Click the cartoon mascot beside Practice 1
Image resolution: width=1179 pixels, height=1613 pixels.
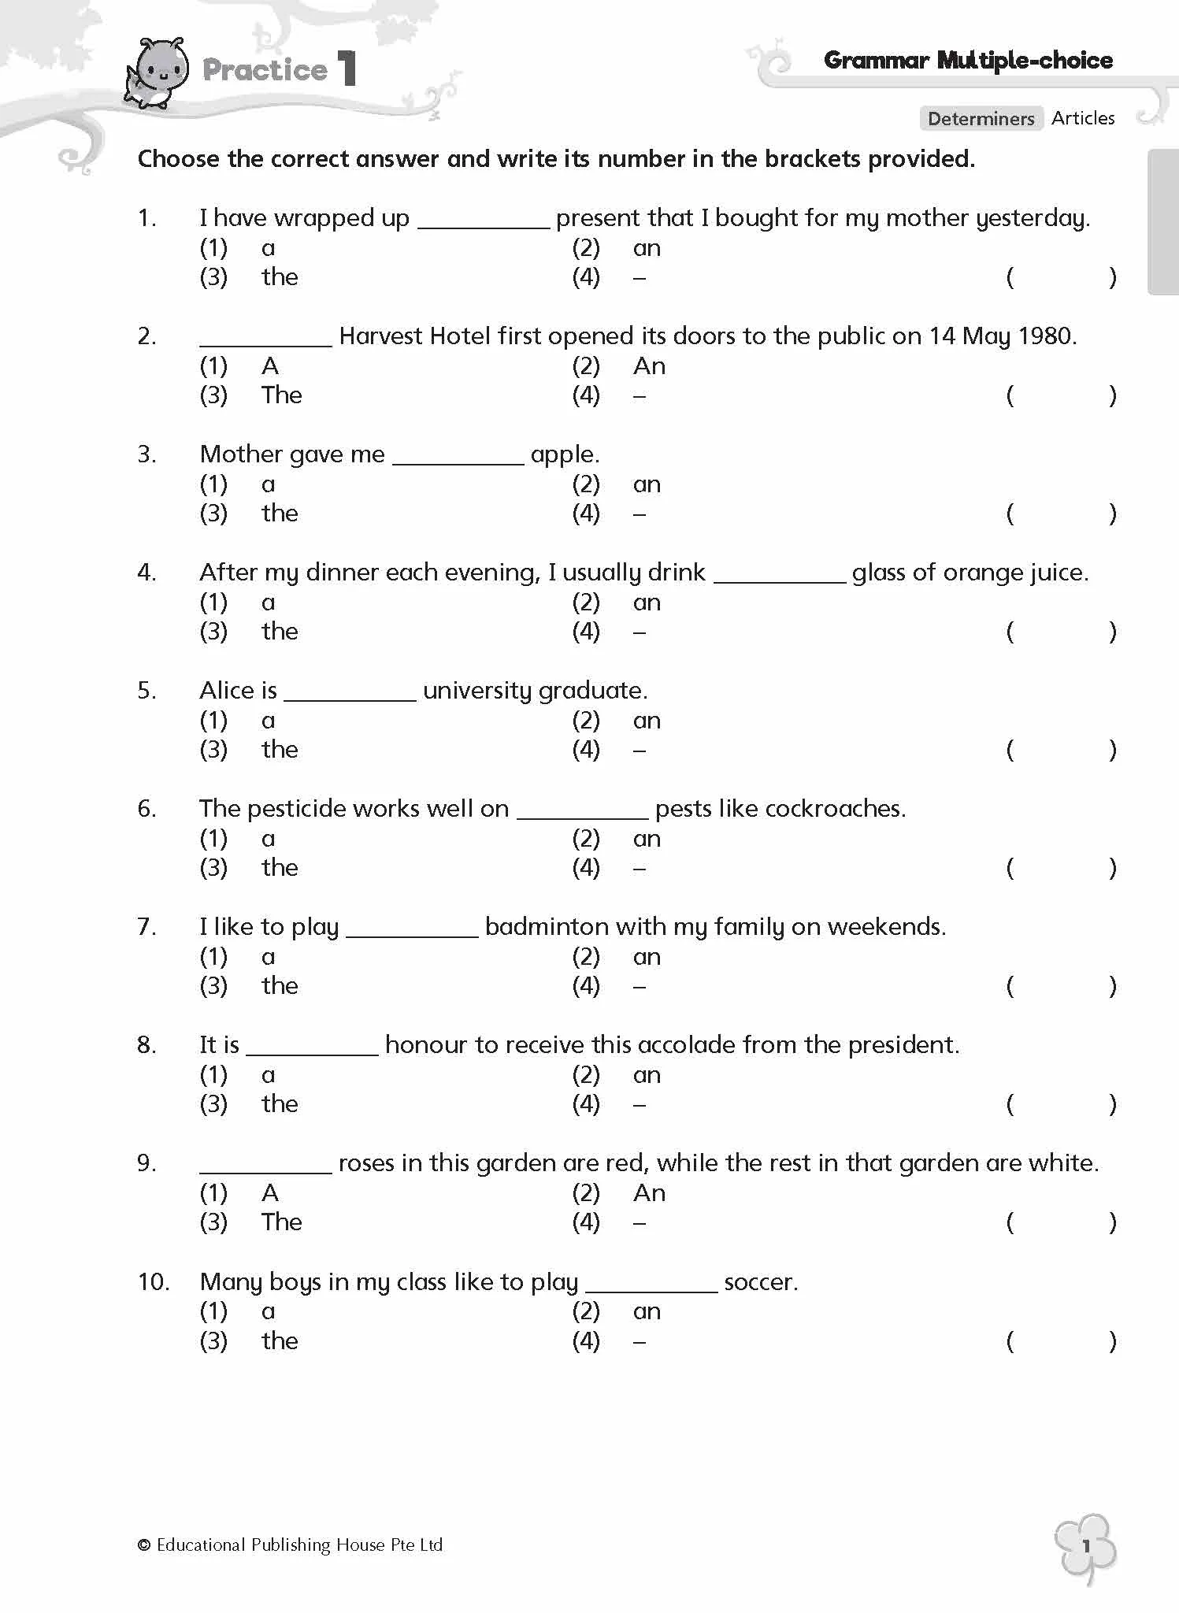pyautogui.click(x=158, y=73)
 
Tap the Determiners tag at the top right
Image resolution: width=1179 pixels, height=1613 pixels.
pyautogui.click(x=981, y=119)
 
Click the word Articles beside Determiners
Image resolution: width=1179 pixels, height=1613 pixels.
pyautogui.click(x=1083, y=118)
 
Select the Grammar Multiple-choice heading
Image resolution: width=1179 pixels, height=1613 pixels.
pyautogui.click(x=968, y=61)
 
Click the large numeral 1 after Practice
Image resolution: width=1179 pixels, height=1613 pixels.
pyautogui.click(x=347, y=69)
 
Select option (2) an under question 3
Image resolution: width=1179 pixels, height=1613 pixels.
pyautogui.click(x=647, y=484)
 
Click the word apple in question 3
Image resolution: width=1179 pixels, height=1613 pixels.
pyautogui.click(x=562, y=454)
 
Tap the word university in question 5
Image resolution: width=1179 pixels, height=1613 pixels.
pyautogui.click(x=477, y=691)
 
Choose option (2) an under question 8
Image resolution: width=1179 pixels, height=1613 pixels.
pyautogui.click(x=647, y=1075)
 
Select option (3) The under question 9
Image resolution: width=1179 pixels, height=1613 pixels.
pyautogui.click(x=281, y=1222)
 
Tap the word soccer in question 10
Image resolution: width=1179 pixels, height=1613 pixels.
pyautogui.click(x=759, y=1282)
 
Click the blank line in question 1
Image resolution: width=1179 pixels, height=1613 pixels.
pyautogui.click(x=483, y=225)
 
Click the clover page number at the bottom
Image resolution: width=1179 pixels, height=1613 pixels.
pyautogui.click(x=1086, y=1545)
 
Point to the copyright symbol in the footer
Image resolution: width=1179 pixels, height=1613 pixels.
pyautogui.click(x=144, y=1545)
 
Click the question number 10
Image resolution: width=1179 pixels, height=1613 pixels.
pyautogui.click(x=153, y=1282)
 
